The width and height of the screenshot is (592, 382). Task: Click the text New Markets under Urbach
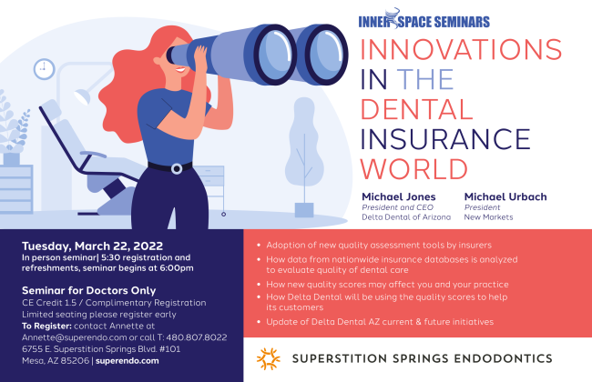pyautogui.click(x=488, y=217)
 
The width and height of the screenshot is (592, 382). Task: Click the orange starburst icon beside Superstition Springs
pyautogui.click(x=268, y=357)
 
